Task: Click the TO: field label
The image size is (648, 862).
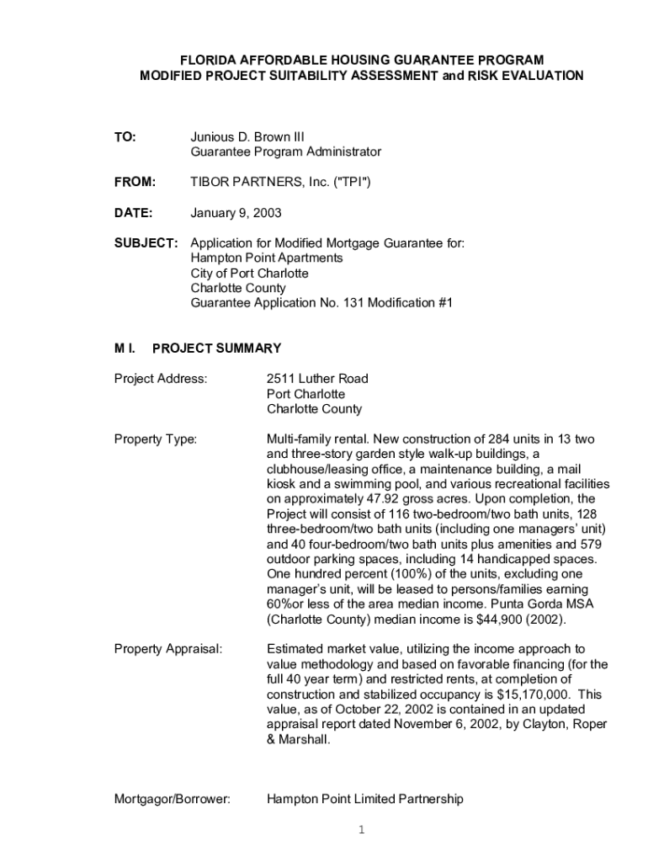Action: (125, 136)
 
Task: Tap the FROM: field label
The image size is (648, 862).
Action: (135, 182)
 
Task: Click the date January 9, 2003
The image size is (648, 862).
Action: (236, 212)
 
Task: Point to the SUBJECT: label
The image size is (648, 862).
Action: (146, 242)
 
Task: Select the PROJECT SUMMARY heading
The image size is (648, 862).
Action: (216, 348)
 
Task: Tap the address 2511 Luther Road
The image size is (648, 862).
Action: (317, 379)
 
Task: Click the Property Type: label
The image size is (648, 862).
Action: (155, 439)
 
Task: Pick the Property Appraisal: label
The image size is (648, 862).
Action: (168, 649)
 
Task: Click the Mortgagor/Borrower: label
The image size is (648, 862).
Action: (172, 799)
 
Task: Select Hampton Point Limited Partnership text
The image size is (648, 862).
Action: (364, 799)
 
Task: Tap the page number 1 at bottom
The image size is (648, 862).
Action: (361, 831)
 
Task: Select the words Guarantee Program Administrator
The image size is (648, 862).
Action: (285, 152)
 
